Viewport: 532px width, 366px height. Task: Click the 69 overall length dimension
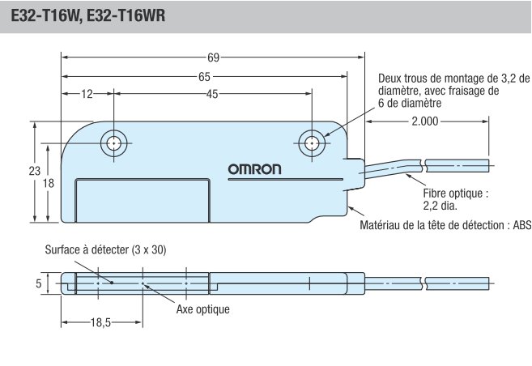click(213, 58)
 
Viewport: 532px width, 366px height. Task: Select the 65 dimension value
click(204, 77)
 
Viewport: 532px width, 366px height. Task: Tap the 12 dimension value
click(87, 95)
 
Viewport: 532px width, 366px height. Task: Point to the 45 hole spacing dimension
click(211, 95)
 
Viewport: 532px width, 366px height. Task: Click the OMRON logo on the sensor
click(254, 170)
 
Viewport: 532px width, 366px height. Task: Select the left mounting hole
click(113, 144)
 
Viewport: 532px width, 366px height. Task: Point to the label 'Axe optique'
click(202, 309)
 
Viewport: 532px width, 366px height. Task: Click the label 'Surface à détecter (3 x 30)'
click(105, 250)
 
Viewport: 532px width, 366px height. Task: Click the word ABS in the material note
click(521, 225)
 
